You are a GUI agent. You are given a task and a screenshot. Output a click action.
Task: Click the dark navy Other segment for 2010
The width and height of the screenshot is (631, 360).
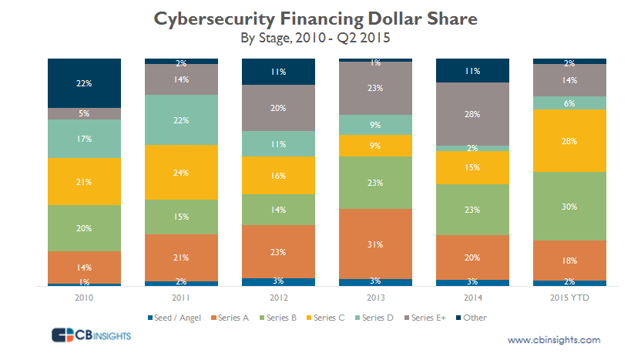click(84, 82)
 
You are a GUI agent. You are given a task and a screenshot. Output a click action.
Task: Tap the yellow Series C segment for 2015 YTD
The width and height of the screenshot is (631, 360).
click(569, 140)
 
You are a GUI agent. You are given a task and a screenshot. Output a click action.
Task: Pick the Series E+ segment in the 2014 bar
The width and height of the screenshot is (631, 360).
click(472, 113)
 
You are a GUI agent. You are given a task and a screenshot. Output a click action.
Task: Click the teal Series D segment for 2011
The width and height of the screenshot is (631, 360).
click(181, 119)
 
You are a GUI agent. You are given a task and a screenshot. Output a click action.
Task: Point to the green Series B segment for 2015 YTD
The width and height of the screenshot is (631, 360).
click(569, 205)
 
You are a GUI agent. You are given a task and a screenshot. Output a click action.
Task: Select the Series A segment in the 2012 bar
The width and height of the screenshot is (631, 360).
click(278, 251)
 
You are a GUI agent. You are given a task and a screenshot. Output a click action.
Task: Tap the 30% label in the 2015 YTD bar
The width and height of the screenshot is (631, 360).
click(569, 206)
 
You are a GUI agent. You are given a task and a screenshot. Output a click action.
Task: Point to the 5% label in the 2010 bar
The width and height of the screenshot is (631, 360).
click(84, 113)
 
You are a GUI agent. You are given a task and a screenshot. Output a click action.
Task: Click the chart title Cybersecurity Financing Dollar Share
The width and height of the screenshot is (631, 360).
click(316, 19)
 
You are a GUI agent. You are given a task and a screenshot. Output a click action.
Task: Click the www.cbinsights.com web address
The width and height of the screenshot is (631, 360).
click(554, 339)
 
